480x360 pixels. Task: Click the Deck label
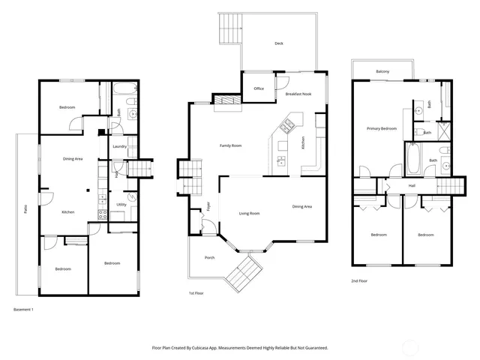279,43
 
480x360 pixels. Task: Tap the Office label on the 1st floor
259,88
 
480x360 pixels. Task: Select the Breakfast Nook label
298,94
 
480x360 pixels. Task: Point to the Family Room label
230,145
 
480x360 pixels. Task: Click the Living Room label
249,214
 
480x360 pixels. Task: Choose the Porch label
209,257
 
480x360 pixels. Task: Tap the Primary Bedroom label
381,129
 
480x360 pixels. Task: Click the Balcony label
382,71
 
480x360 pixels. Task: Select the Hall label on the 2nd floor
412,185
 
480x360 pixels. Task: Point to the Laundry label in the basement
119,147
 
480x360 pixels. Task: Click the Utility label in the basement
121,205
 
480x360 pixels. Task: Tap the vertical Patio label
25,213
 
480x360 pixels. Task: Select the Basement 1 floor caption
25,309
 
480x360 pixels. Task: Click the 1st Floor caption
196,294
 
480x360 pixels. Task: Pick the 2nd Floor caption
359,280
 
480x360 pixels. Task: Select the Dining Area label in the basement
72,158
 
